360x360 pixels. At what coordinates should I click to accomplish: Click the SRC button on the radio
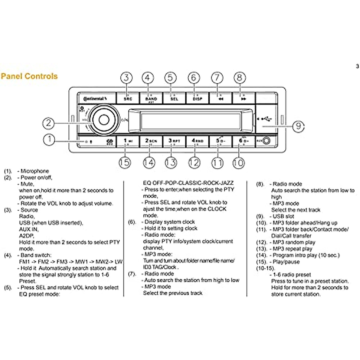tap(128, 98)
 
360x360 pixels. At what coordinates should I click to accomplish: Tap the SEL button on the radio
tap(174, 98)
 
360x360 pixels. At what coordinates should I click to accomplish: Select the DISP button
tap(197, 98)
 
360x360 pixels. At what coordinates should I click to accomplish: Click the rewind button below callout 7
tap(220, 98)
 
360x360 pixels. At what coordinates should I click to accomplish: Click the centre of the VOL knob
tap(103, 120)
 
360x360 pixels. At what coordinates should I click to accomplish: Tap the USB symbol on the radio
tap(266, 119)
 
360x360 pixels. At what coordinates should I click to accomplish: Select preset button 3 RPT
tap(174, 141)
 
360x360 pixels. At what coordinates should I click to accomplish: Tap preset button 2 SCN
tap(151, 141)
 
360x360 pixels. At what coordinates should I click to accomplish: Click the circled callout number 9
tap(298, 126)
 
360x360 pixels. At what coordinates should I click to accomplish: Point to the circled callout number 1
tap(49, 139)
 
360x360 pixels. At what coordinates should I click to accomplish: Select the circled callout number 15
tap(124, 163)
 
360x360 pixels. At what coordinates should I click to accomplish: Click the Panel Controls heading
tap(29, 76)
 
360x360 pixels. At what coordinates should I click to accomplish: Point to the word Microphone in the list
tap(34, 171)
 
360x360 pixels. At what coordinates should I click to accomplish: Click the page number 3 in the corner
tap(357, 66)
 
